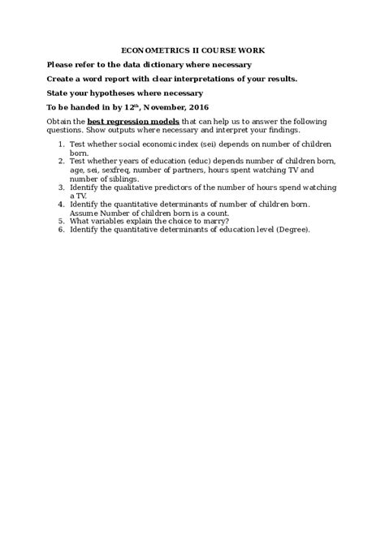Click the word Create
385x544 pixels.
[62, 79]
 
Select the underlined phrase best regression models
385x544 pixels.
[130, 123]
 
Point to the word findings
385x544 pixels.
[276, 131]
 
